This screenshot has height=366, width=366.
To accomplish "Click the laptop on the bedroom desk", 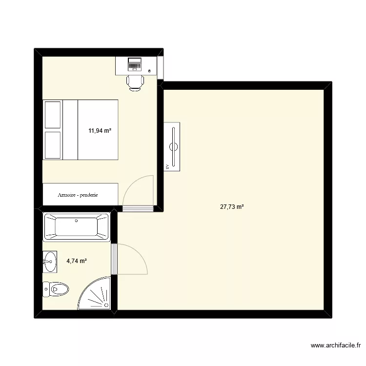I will [134, 63].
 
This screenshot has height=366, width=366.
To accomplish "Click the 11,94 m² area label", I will [100, 131].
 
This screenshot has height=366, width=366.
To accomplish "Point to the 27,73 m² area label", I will [232, 207].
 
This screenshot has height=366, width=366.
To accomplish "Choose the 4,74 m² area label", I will [77, 261].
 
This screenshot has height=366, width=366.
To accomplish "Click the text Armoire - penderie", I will [78, 195].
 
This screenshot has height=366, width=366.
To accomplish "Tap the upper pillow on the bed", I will [52, 115].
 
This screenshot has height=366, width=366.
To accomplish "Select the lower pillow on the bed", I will [52, 145].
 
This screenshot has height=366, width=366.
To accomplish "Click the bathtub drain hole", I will [76, 221].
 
